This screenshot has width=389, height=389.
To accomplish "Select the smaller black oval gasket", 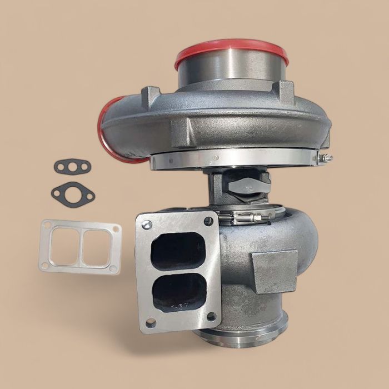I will (x=72, y=166).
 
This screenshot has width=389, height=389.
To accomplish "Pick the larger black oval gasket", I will (x=73, y=192).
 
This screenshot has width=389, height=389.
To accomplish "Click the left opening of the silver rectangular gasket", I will (x=63, y=247).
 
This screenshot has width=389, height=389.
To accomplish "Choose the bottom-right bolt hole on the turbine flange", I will (x=211, y=317).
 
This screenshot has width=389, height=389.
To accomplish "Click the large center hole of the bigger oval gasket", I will (x=73, y=192).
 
